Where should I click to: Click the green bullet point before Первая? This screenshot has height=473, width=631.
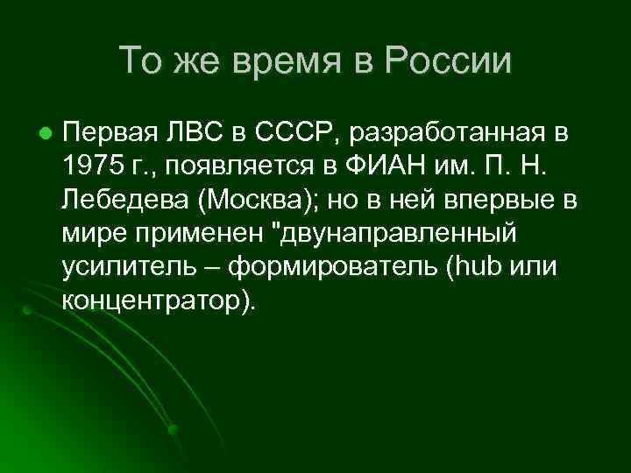pos(43,134)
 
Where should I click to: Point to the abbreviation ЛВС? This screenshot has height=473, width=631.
pos(188,133)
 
